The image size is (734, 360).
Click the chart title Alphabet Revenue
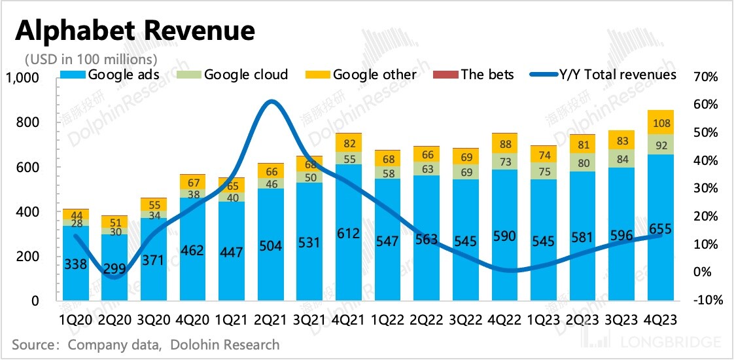coord(134,31)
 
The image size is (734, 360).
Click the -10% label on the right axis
coord(706,300)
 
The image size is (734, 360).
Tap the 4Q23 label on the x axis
coord(661,320)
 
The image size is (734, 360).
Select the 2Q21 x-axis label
coord(271,320)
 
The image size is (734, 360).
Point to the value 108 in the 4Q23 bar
coord(661,122)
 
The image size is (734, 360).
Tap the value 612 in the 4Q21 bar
coord(349,232)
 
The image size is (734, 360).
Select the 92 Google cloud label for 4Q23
coord(661,145)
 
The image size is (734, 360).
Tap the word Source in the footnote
coord(32,344)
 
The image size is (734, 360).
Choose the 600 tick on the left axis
coord(27,168)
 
